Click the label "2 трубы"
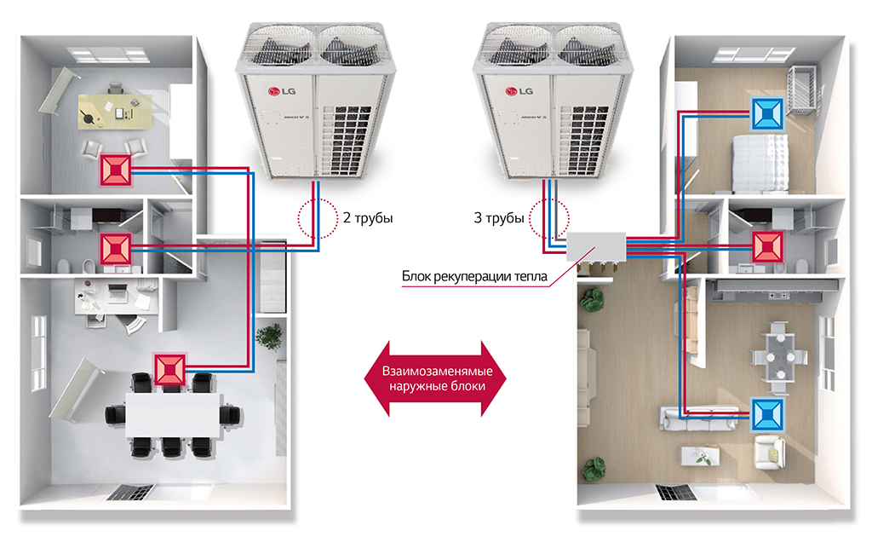(368, 218)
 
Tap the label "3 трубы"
(499, 218)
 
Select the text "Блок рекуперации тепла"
(474, 276)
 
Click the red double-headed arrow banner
(435, 379)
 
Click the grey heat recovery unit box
(596, 247)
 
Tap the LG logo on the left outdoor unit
(282, 91)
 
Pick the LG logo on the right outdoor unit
(519, 91)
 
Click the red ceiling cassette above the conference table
(169, 369)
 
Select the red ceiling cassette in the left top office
(116, 170)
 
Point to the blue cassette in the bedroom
(767, 113)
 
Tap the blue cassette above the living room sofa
(767, 414)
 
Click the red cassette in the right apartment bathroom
(768, 247)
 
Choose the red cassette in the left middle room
(116, 249)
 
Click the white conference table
(174, 416)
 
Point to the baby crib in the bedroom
(802, 90)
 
